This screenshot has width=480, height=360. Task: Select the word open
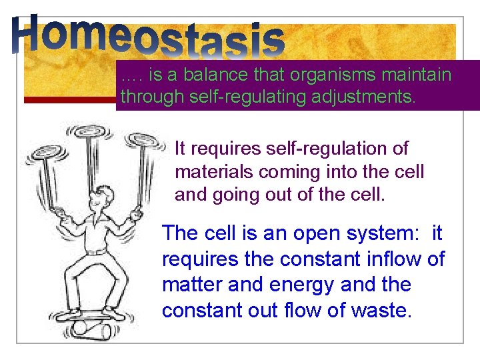click(308, 233)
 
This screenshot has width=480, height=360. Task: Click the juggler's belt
click(97, 252)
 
